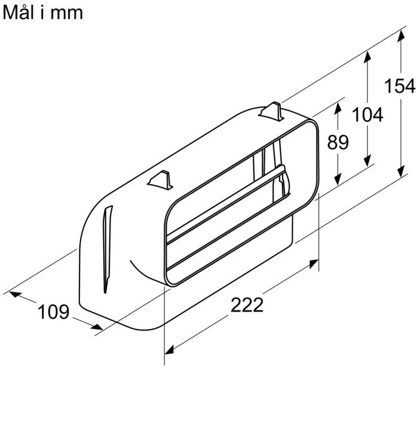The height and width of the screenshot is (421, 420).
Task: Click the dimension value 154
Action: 400,86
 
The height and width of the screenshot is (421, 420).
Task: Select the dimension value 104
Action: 367,114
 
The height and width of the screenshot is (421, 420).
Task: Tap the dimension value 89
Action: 338,142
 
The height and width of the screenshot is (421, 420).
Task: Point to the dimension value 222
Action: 247,305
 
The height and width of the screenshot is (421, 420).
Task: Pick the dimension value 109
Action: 54,312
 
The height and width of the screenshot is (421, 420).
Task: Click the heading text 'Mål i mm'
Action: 43,12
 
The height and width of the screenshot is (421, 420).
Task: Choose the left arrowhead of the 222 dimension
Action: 170,349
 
